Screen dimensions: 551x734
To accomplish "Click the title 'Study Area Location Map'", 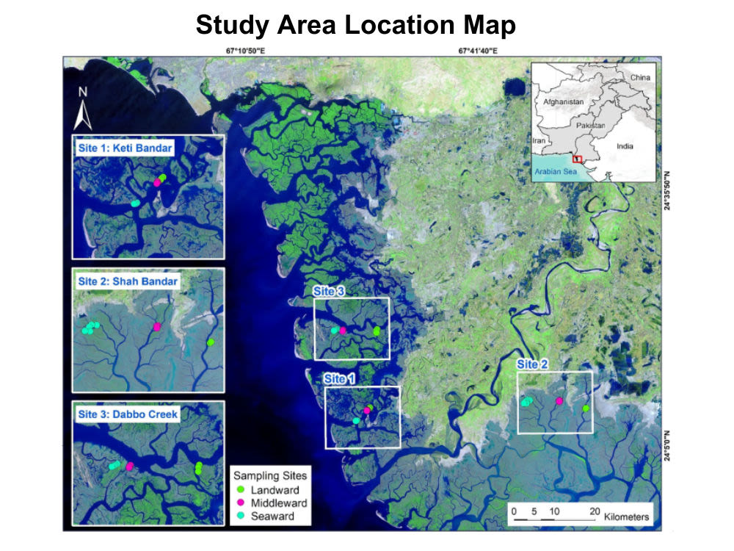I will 356,26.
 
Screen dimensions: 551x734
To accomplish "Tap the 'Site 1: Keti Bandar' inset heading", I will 124,148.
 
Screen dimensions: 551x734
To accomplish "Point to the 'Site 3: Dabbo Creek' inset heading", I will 128,414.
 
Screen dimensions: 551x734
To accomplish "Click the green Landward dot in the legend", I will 240,489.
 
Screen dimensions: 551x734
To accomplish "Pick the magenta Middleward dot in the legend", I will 240,503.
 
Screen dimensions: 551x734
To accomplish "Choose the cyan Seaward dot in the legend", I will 240,516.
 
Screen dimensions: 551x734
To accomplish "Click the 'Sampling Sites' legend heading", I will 269,475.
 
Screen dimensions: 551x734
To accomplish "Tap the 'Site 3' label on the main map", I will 329,291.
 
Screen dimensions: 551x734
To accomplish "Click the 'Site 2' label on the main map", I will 532,364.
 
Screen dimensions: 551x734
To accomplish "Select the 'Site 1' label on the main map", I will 339,378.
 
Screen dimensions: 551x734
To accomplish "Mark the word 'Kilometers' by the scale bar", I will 626,517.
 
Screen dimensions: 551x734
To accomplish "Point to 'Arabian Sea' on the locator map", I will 556,171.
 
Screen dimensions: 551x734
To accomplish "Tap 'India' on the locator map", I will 625,146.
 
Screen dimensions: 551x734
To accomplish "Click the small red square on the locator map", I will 577,158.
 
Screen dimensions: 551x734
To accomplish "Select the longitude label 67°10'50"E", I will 249,51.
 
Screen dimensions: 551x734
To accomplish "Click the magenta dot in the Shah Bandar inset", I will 156,326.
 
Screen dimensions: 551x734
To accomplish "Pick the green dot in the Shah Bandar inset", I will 211,342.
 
